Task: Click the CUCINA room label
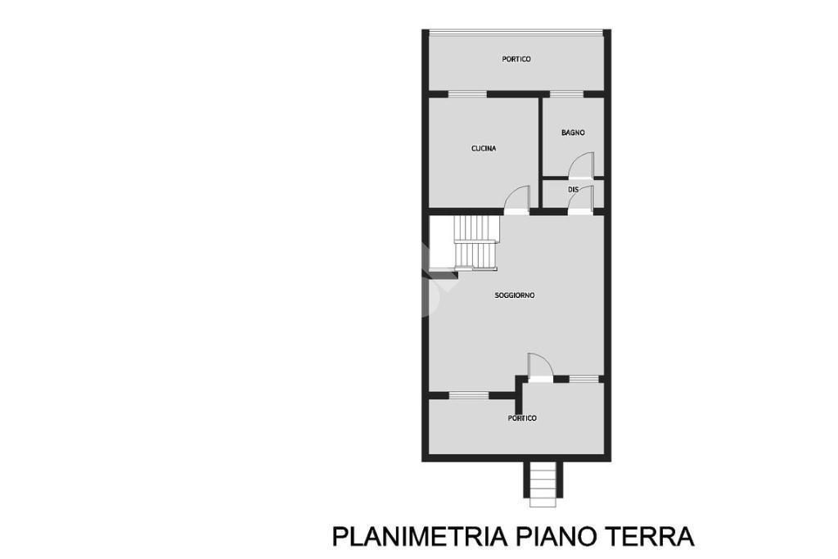[x=483, y=149]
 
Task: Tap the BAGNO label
[x=573, y=133]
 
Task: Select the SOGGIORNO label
[x=515, y=295]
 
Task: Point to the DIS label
[x=573, y=189]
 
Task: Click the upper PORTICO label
[x=516, y=59]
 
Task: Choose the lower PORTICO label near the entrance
[x=522, y=418]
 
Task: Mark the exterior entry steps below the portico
[x=543, y=485]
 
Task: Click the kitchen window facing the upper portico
[x=467, y=95]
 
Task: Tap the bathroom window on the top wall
[x=566, y=95]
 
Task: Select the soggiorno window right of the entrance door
[x=583, y=379]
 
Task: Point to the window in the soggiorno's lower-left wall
[x=469, y=395]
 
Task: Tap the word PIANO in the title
[x=556, y=536]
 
